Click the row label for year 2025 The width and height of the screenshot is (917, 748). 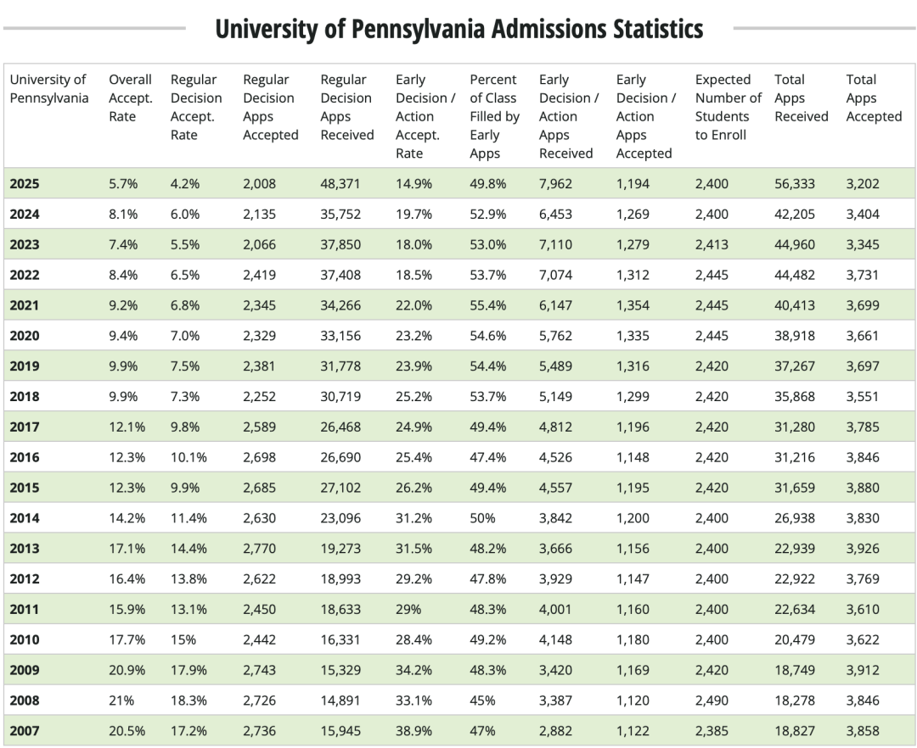(25, 183)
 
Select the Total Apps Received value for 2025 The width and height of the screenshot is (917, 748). (795, 183)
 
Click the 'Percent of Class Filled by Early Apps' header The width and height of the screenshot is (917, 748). (494, 116)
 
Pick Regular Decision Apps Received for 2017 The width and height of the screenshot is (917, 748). (340, 427)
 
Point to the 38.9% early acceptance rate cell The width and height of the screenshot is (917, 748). (413, 730)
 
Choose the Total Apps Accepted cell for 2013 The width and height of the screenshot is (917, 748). (863, 548)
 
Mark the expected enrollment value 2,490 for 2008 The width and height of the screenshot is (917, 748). (712, 701)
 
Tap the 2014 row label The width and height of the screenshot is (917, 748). (25, 517)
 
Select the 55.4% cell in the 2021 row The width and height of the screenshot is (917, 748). (488, 304)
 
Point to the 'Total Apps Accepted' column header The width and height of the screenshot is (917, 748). (874, 98)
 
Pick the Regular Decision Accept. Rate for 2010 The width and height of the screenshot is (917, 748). (183, 639)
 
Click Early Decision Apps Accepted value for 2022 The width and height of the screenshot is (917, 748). (633, 275)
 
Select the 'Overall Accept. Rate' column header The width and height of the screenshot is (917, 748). (130, 98)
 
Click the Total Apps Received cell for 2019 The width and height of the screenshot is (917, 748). (795, 366)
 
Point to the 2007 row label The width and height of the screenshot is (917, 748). (25, 730)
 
